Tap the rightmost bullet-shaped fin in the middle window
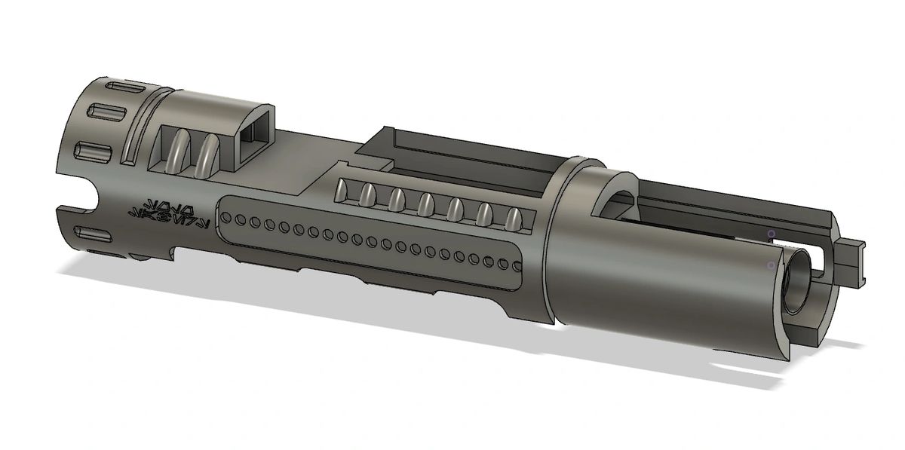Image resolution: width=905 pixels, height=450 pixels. pyautogui.click(x=514, y=219)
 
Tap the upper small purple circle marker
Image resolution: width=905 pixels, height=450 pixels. pyautogui.click(x=771, y=234)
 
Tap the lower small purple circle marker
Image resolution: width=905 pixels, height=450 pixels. pyautogui.click(x=769, y=265)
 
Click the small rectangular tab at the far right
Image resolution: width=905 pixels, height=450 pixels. pyautogui.click(x=852, y=256)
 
